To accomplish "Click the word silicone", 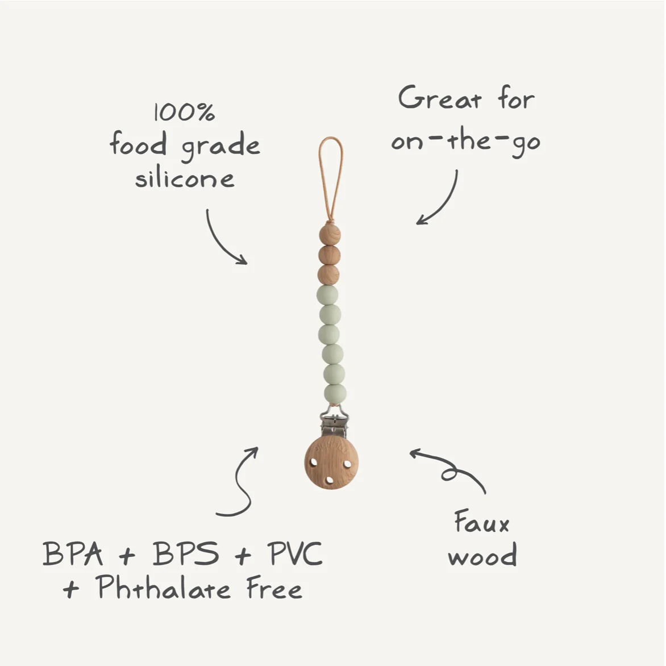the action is (x=185, y=178).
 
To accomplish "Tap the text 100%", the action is (x=184, y=112).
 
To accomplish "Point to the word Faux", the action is (x=482, y=522).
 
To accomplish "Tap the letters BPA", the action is (x=73, y=553).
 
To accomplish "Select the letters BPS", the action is (x=186, y=553).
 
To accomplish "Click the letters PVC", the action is (x=295, y=553).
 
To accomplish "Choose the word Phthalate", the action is (x=163, y=588).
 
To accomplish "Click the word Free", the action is (x=274, y=588).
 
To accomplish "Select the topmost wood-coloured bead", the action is (x=330, y=234).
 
